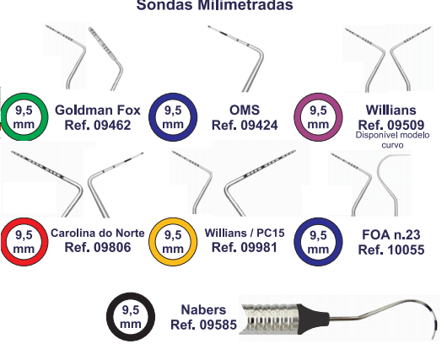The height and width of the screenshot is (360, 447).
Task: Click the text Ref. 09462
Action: coord(98,125)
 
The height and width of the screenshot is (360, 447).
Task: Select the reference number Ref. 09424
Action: coord(245,125)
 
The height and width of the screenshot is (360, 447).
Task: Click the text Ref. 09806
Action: coord(98,247)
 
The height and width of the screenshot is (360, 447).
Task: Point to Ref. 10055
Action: coord(391,250)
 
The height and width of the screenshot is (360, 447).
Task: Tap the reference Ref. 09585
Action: coord(203,325)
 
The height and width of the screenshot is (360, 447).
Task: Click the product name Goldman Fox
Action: coord(98,110)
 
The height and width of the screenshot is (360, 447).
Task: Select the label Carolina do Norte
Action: coord(98,234)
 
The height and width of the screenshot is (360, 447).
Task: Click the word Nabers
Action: coord(203,309)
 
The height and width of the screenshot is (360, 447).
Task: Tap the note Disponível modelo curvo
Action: coord(392,140)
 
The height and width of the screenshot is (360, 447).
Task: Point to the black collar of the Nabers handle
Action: coord(313,319)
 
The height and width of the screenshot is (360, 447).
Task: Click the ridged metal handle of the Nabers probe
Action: coord(269,319)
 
